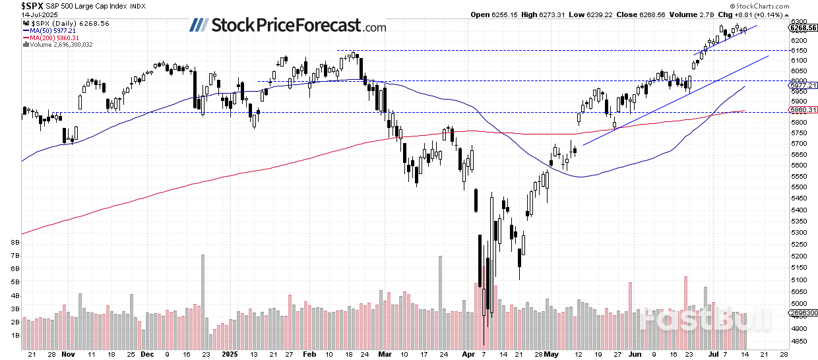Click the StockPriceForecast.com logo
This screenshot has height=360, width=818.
coord(288,26)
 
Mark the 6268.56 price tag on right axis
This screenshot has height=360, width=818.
coord(803,28)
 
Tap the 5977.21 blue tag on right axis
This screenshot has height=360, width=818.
coord(802,85)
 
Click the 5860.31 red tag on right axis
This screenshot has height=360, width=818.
coord(802,110)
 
